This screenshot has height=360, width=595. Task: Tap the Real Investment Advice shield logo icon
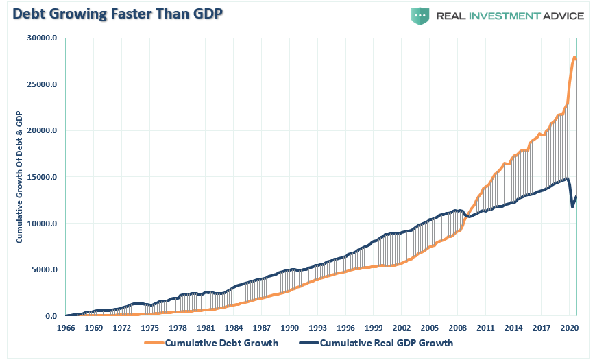click(x=420, y=16)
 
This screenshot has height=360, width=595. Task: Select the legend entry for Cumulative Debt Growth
click(x=221, y=343)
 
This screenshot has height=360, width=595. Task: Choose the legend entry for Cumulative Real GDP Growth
click(x=386, y=343)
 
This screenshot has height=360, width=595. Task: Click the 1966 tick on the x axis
click(x=66, y=328)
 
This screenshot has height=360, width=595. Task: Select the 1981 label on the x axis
click(x=206, y=328)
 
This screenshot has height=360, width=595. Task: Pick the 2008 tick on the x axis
click(x=458, y=328)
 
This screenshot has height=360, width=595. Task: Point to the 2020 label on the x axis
click(x=569, y=328)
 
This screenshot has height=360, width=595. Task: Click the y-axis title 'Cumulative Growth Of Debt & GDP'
click(x=20, y=177)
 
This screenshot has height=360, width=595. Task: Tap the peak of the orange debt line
click(x=574, y=58)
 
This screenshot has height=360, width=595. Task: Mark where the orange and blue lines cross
click(x=466, y=215)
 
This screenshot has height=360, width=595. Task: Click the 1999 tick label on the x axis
click(x=374, y=328)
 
